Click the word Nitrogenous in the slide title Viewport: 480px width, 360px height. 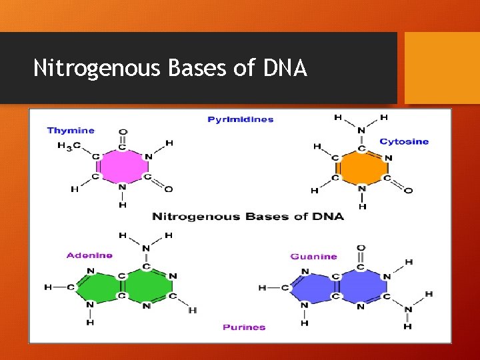click(96, 67)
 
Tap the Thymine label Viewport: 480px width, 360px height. click(71, 131)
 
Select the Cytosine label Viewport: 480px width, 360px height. click(404, 141)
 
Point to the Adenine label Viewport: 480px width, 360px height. click(89, 255)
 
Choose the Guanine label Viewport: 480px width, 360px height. click(314, 256)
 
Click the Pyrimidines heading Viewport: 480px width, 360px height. click(241, 119)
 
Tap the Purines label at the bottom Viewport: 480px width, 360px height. click(244, 327)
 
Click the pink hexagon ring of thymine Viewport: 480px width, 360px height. click(122, 167)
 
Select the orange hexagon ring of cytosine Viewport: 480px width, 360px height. click(361, 167)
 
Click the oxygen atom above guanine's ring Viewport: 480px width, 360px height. click(361, 248)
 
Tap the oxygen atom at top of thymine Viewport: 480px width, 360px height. click(122, 131)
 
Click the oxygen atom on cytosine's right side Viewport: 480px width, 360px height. click(408, 191)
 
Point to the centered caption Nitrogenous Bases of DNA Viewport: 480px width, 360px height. click(247, 217)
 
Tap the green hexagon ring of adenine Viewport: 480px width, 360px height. click(146, 286)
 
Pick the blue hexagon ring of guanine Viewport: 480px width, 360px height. click(361, 286)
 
